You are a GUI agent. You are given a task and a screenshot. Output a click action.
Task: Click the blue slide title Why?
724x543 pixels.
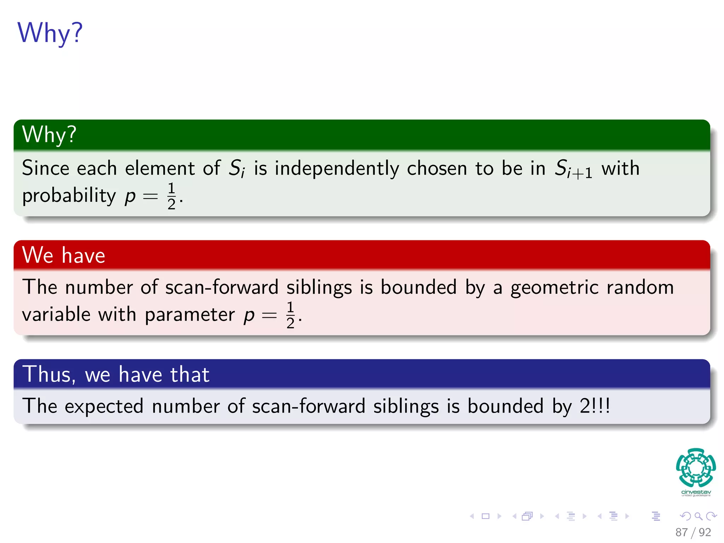click(50, 33)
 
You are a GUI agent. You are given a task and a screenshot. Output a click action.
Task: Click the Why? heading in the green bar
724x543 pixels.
click(49, 135)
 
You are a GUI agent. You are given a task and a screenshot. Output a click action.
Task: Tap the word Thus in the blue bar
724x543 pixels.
click(48, 374)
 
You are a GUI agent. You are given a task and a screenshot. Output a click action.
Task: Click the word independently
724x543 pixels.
click(337, 168)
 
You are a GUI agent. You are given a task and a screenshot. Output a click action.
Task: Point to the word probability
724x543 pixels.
click(69, 195)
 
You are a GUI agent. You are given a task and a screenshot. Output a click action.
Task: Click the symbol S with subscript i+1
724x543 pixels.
click(573, 169)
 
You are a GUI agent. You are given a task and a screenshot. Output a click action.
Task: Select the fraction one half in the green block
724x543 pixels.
click(171, 196)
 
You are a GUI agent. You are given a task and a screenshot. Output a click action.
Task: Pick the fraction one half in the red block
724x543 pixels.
click(290, 315)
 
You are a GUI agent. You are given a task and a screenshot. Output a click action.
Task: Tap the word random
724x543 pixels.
click(640, 287)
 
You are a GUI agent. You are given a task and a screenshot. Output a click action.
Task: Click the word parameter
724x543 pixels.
click(189, 315)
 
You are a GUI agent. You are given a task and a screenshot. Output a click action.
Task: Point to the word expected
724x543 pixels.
click(104, 406)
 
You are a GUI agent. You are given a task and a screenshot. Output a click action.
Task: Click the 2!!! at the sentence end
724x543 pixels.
click(595, 406)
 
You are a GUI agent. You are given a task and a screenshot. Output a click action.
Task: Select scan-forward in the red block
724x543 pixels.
click(222, 287)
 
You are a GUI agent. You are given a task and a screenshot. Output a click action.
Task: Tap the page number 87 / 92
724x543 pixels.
click(693, 532)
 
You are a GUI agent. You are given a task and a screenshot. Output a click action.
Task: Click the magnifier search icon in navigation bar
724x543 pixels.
click(698, 516)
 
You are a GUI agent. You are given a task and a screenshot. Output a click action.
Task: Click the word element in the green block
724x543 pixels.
click(160, 168)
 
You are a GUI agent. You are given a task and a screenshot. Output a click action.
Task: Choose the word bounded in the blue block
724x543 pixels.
click(505, 406)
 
